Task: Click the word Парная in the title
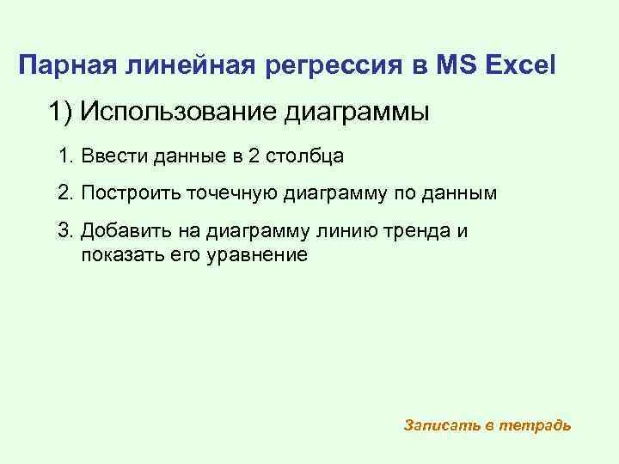tap(69, 64)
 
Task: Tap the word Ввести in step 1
tap(111, 156)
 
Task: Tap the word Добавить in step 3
tap(121, 231)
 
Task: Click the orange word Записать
tap(441, 425)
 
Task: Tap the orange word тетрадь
tap(538, 425)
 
